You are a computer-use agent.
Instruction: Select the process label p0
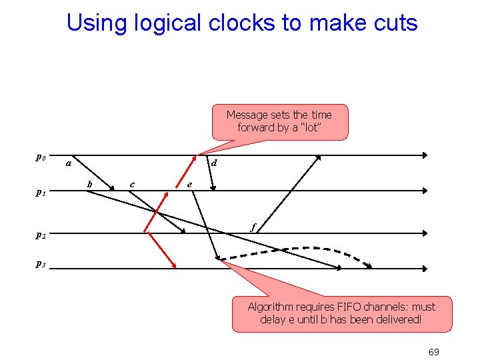(x=40, y=158)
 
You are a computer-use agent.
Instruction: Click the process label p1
(x=40, y=193)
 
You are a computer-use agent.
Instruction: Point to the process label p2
(x=40, y=235)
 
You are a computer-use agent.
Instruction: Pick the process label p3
(x=40, y=265)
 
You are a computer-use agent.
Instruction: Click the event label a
(x=67, y=162)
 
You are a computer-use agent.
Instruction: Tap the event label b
(x=90, y=183)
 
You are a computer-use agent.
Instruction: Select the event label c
(x=132, y=184)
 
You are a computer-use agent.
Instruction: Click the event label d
(x=213, y=163)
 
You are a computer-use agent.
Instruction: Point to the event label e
(x=190, y=185)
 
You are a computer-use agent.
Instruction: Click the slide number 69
(x=433, y=352)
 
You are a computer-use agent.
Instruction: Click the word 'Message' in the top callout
(x=247, y=115)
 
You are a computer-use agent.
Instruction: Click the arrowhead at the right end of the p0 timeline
(x=424, y=155)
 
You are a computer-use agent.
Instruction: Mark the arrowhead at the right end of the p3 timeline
(x=424, y=269)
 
